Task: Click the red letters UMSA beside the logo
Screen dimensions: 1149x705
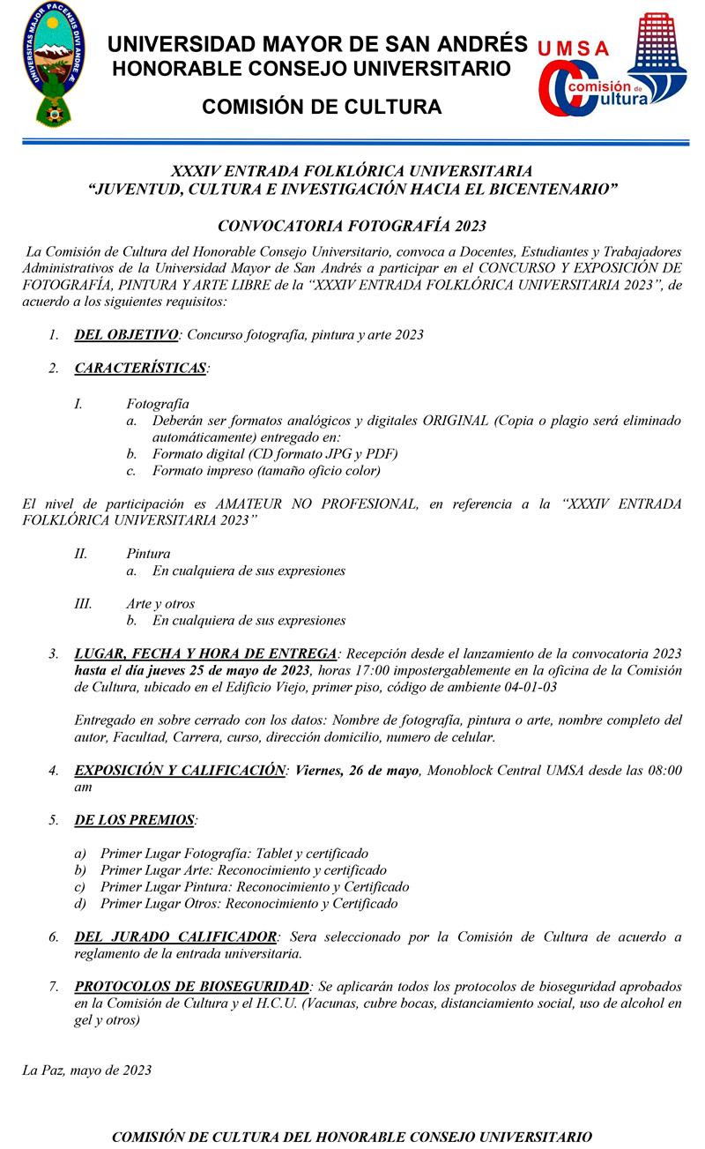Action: pyautogui.click(x=572, y=49)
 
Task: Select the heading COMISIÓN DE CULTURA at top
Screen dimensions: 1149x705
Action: pyautogui.click(x=322, y=108)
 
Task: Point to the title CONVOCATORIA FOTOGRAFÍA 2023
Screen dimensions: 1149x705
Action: pyautogui.click(x=352, y=227)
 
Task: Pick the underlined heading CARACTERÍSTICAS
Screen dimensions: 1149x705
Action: pyautogui.click(x=141, y=367)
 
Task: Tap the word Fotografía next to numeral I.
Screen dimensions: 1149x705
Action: pyautogui.click(x=158, y=403)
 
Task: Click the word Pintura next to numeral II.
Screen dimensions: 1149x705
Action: pyautogui.click(x=148, y=554)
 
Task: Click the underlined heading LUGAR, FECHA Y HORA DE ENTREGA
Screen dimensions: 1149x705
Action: pyautogui.click(x=205, y=653)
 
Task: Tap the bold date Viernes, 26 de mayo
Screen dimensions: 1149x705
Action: pyautogui.click(x=357, y=771)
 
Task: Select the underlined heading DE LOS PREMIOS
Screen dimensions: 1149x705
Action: pyautogui.click(x=135, y=820)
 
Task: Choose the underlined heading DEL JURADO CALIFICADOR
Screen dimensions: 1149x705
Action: pyautogui.click(x=176, y=936)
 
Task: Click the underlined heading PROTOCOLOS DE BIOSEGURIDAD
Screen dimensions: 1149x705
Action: pyautogui.click(x=192, y=986)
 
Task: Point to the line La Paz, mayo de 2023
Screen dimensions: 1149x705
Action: pyautogui.click(x=86, y=1071)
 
